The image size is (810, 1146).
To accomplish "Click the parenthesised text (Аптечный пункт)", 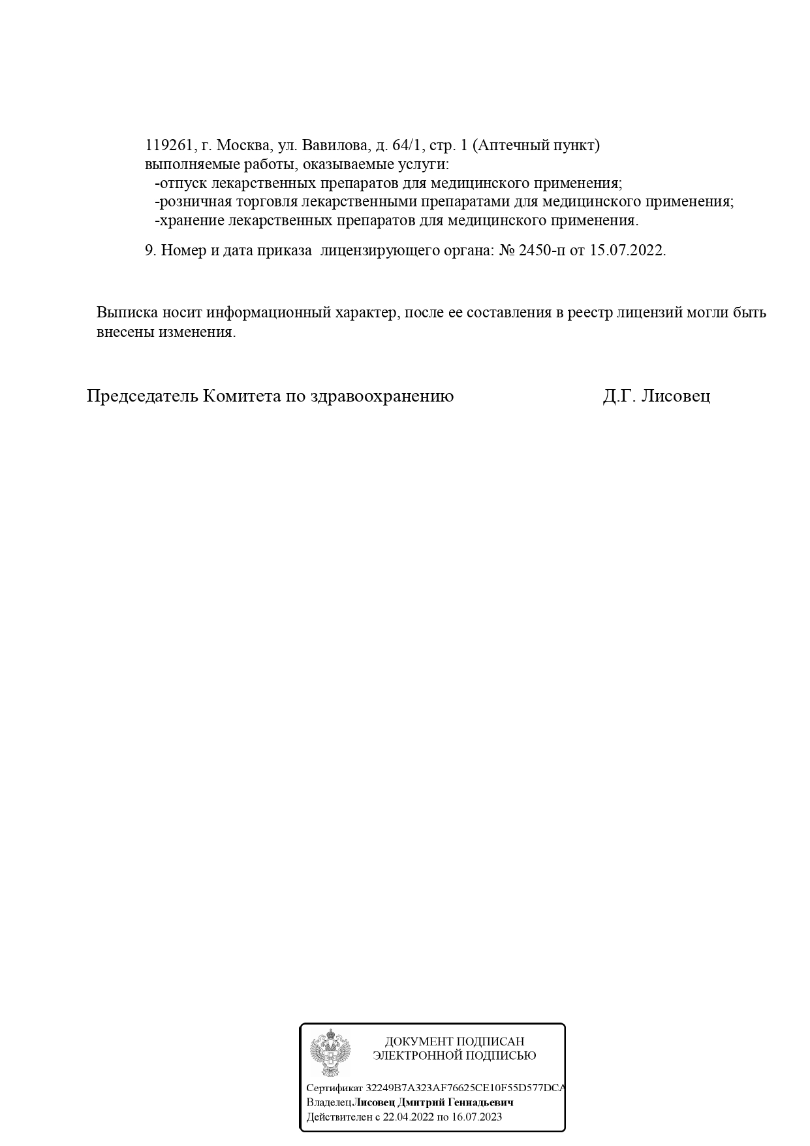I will [x=535, y=146].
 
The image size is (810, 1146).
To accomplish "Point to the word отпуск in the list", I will [x=183, y=183].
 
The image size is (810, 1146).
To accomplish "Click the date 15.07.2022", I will [x=627, y=251].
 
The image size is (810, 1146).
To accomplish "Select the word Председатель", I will [x=142, y=396].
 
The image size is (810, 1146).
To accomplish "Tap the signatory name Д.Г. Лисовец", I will [x=656, y=396].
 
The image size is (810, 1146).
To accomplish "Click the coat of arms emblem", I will [x=330, y=1053].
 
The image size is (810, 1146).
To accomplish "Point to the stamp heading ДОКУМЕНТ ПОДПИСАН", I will [x=454, y=1042].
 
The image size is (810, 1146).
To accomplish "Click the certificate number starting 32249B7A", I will [x=465, y=1089].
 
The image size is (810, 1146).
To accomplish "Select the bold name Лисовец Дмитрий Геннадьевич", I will [x=433, y=1103].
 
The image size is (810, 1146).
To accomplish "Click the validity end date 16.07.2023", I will [x=476, y=1117].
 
